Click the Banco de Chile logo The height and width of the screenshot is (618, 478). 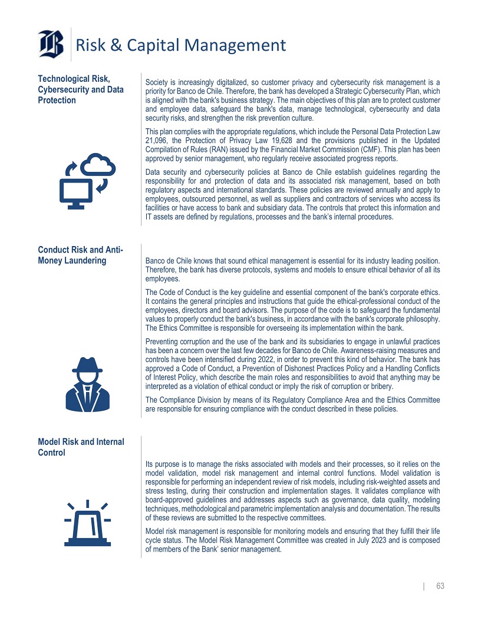click(51, 44)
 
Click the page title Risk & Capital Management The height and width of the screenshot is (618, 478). click(181, 45)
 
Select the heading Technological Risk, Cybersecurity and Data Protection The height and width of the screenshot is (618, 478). click(81, 89)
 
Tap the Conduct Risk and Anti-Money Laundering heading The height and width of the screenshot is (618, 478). click(81, 255)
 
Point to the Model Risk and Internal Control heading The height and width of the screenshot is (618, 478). click(81, 447)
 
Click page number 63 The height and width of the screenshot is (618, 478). click(440, 586)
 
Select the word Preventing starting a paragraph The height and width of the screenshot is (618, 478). click(163, 341)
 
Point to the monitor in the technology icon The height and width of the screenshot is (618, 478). click(77, 193)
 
